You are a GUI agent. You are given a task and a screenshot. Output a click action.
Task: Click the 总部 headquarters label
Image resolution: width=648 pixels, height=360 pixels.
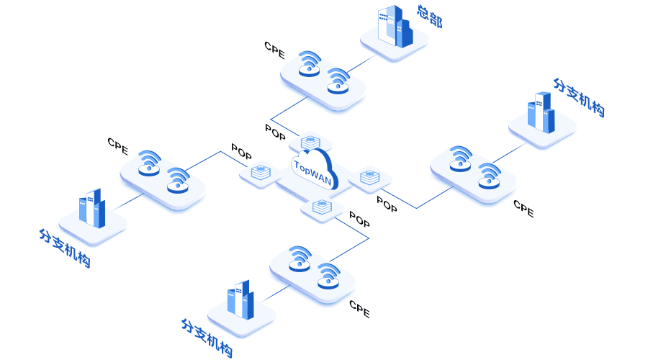(x=430, y=17)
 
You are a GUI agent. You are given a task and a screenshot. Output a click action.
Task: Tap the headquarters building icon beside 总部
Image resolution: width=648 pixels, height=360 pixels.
(x=394, y=28)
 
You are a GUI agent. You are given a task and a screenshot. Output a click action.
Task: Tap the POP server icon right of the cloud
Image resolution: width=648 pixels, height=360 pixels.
(x=369, y=176)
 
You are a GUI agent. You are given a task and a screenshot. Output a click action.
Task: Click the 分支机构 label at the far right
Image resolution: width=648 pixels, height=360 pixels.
(x=579, y=97)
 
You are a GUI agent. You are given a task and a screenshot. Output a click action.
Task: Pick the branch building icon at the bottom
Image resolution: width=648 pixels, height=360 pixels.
(x=240, y=299)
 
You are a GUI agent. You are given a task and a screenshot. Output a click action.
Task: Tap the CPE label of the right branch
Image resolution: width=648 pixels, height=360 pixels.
(x=523, y=209)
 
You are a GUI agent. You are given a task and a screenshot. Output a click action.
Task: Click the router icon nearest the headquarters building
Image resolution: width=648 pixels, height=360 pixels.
(x=338, y=81)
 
